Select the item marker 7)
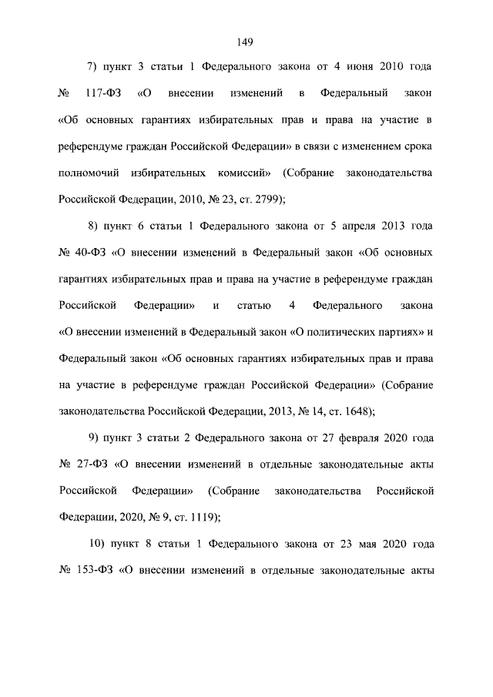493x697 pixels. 96,68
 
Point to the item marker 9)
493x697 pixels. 96,437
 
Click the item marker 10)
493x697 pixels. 98,544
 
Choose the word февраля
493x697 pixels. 363,437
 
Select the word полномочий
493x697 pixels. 91,173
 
